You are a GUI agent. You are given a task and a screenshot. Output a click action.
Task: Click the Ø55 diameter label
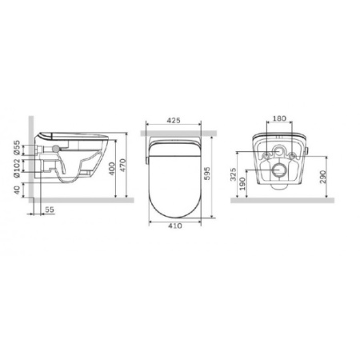click(x=17, y=147)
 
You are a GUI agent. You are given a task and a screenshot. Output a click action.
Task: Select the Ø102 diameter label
click(x=17, y=168)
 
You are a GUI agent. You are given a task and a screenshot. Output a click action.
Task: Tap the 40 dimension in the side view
click(x=17, y=190)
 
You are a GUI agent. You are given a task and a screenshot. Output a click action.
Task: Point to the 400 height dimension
click(x=112, y=169)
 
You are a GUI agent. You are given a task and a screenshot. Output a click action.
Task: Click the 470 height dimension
click(x=122, y=165)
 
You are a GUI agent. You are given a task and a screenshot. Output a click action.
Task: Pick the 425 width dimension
click(x=174, y=120)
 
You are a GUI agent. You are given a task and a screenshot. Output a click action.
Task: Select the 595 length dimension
click(x=207, y=174)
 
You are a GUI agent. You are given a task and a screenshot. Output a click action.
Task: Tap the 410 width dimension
click(x=175, y=226)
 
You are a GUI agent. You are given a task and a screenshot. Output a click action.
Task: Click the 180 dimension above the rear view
click(x=279, y=118)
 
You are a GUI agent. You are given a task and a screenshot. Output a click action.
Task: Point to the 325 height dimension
click(x=233, y=174)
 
